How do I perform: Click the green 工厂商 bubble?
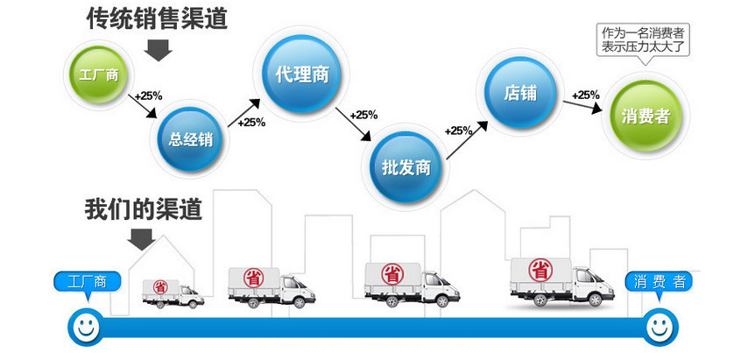point(99,74)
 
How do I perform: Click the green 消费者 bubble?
point(646,116)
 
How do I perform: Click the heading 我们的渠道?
point(143,208)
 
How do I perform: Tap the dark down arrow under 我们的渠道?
point(141,237)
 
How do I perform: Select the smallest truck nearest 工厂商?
point(173,291)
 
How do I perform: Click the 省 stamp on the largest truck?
point(541,271)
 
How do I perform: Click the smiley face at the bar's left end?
point(85,328)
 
